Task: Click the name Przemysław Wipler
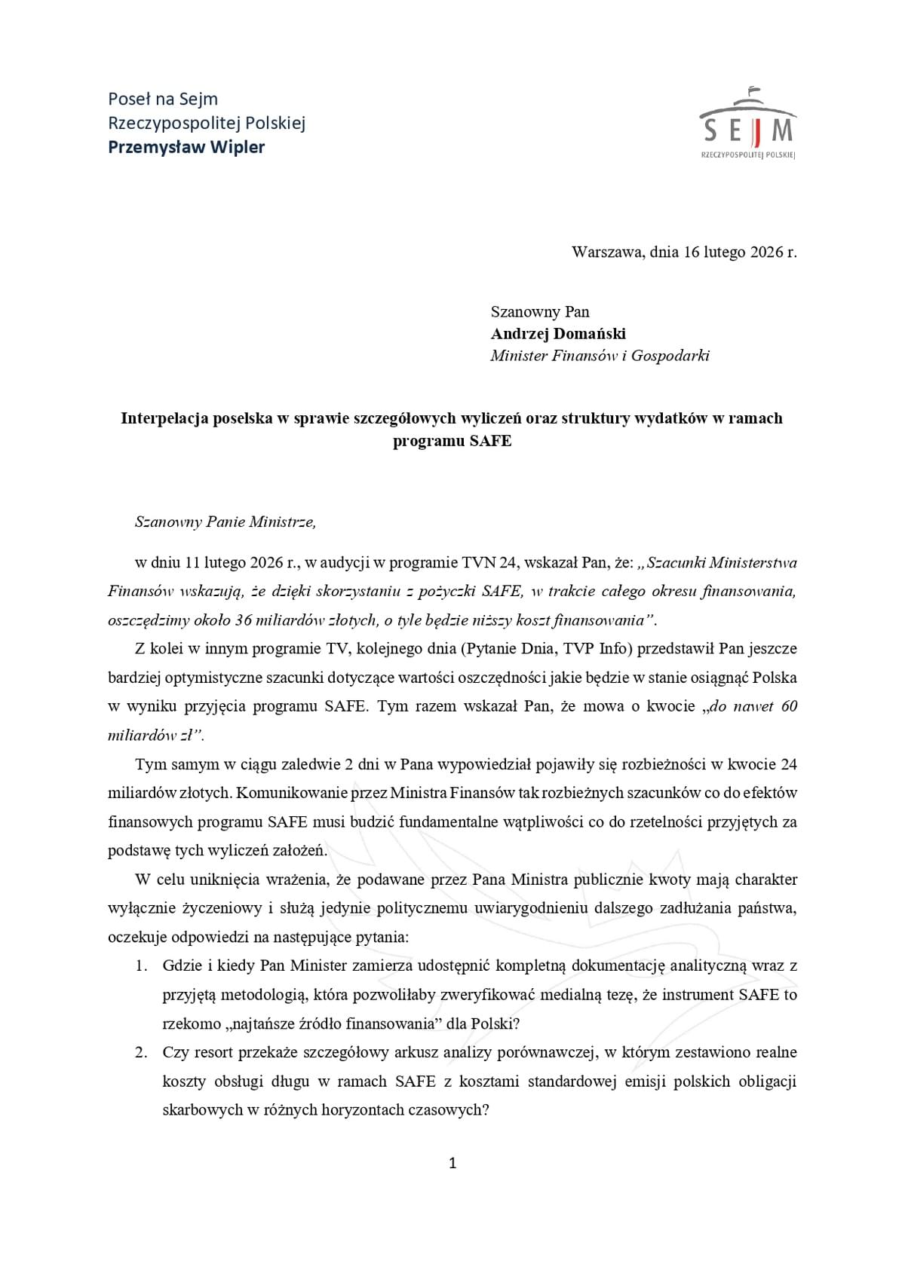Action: (x=186, y=147)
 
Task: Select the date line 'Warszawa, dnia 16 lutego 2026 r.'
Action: (x=683, y=252)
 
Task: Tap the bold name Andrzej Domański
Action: (x=558, y=333)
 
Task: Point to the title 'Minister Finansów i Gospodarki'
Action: (x=600, y=356)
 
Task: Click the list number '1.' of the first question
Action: (x=141, y=965)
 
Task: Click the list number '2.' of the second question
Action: (x=141, y=1052)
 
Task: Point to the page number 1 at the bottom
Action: (x=452, y=1163)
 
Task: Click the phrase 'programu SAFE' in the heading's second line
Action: (x=452, y=441)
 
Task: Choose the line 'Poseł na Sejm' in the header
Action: (x=163, y=99)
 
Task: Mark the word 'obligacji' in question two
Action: (x=765, y=1082)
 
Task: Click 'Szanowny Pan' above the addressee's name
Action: (x=540, y=311)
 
